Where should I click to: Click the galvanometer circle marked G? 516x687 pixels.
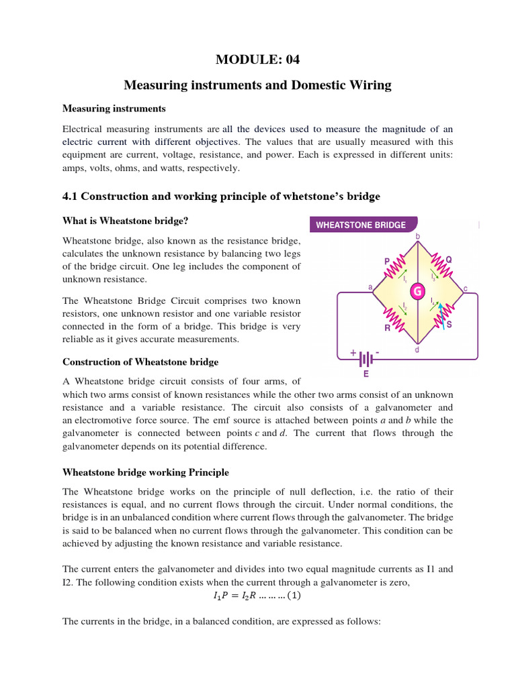417,291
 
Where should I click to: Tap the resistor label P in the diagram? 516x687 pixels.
387,261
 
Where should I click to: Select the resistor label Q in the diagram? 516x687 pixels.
449,259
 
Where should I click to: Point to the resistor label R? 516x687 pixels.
388,328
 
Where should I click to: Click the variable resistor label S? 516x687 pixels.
449,325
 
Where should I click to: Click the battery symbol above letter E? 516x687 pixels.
366,356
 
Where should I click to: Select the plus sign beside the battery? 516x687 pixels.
352,351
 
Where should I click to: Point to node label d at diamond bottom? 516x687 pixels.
417,350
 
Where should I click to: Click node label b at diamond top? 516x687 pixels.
418,236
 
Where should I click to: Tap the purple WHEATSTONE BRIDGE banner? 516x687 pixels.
361,225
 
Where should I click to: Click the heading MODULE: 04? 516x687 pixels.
257,60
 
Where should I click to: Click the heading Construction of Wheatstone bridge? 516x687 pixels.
140,362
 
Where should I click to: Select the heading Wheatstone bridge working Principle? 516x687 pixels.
146,472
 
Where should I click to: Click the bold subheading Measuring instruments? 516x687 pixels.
114,108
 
